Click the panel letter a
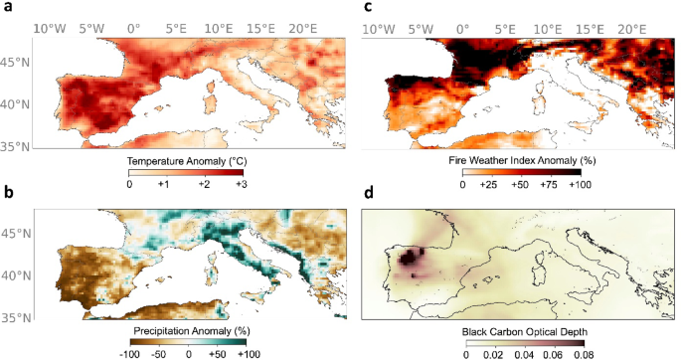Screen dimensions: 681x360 (8, 7)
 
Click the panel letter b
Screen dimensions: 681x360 (9, 192)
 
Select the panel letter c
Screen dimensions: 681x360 (368, 7)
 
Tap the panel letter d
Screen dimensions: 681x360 (369, 192)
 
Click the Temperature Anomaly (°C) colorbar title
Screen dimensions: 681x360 (187, 161)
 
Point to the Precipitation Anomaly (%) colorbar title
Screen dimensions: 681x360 (192, 331)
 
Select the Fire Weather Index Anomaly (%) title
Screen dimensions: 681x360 (522, 161)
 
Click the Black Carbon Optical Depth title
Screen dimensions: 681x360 (524, 332)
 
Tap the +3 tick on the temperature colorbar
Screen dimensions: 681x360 (241, 184)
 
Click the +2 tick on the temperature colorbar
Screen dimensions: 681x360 (204, 184)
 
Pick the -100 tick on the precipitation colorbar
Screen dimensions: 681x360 (129, 354)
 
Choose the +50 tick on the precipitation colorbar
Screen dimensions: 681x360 (217, 354)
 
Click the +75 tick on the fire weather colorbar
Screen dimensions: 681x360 (549, 184)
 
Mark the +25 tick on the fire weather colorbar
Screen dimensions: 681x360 (488, 184)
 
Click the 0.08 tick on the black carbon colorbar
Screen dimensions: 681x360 (584, 355)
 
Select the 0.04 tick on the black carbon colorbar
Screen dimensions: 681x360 (525, 355)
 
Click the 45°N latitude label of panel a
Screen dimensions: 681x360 (18, 63)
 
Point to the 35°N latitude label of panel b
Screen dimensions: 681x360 (18, 318)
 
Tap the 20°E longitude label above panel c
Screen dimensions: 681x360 (632, 29)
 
